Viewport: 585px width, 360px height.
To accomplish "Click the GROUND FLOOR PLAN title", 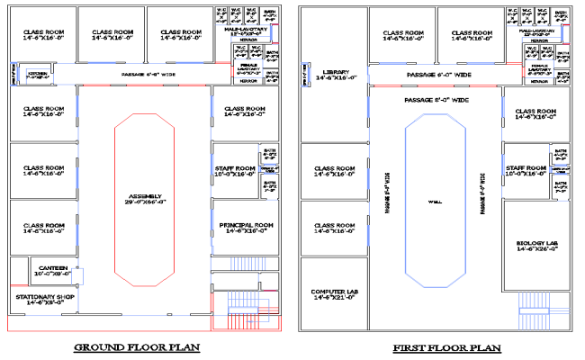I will [136, 346].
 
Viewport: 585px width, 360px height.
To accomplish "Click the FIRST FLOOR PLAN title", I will [435, 346].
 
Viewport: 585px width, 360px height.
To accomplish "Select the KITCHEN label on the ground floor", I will [37, 74].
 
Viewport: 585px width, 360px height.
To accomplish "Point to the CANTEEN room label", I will [53, 266].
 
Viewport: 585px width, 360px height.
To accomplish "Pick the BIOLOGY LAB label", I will [536, 243].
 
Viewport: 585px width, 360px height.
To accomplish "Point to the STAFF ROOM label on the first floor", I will [526, 168].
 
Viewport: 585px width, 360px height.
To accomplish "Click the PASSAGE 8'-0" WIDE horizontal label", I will [436, 100].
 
